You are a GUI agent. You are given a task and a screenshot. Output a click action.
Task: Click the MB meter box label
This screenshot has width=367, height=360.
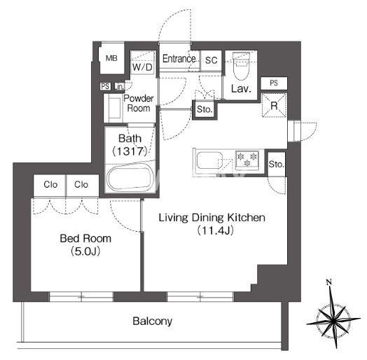click(x=111, y=58)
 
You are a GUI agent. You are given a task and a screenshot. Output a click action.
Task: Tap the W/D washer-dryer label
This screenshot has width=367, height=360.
click(x=142, y=67)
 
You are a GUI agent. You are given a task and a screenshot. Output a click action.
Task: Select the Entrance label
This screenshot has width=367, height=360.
click(x=179, y=59)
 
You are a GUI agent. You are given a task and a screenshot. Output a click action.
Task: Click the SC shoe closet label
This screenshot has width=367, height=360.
click(x=211, y=60)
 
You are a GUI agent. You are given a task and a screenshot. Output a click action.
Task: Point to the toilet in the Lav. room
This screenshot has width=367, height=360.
click(x=241, y=67)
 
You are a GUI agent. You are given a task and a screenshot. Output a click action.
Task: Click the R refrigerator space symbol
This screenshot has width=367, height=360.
click(x=274, y=105)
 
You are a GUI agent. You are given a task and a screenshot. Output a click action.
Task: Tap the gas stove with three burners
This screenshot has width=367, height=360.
click(x=247, y=160)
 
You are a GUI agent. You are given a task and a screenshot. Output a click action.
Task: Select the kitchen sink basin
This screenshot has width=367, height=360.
click(x=209, y=160)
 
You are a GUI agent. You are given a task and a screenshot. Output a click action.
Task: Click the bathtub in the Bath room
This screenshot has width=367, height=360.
click(x=130, y=179)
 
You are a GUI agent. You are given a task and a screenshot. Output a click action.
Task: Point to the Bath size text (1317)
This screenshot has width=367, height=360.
click(x=130, y=151)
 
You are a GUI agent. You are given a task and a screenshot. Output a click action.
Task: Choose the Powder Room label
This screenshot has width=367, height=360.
click(x=139, y=103)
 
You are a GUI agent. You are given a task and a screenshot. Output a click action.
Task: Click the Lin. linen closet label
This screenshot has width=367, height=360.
click(x=119, y=87)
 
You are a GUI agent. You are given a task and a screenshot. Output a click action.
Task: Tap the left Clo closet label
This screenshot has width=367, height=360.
click(x=50, y=184)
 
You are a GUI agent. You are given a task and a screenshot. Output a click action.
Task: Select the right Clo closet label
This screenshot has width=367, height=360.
click(x=81, y=184)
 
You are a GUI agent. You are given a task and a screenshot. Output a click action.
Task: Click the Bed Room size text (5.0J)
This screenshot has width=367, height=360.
click(x=85, y=251)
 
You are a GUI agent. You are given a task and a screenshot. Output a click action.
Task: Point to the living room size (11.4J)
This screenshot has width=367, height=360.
click(x=215, y=230)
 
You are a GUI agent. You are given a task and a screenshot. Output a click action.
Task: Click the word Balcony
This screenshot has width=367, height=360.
click(x=153, y=321)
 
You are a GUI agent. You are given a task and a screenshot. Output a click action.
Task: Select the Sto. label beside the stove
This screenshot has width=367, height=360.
click(x=277, y=164)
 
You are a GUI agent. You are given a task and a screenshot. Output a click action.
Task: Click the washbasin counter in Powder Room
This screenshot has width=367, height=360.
click(x=114, y=108)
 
